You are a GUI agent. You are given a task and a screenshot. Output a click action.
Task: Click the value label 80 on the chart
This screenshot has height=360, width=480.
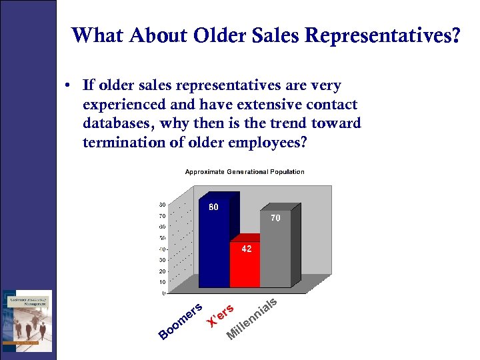tap(213, 207)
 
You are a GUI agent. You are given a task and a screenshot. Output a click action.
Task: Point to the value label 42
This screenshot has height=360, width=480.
tap(246, 249)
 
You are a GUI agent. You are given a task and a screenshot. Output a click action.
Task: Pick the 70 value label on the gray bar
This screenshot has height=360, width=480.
tap(275, 218)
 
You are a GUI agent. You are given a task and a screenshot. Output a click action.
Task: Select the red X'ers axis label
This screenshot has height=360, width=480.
tap(220, 315)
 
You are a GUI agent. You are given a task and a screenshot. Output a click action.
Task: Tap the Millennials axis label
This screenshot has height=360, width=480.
tap(251, 319)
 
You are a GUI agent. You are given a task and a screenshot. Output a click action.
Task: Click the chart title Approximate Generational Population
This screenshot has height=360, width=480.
tap(244, 172)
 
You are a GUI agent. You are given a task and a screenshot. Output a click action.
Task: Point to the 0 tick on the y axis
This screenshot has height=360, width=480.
tap(164, 293)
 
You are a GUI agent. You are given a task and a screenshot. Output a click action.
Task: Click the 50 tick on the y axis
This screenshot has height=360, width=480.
tap(162, 238)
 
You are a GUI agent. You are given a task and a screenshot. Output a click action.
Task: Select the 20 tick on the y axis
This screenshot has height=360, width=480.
tap(162, 271)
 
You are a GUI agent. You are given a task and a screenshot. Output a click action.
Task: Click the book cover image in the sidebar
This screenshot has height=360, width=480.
tap(27, 321)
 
